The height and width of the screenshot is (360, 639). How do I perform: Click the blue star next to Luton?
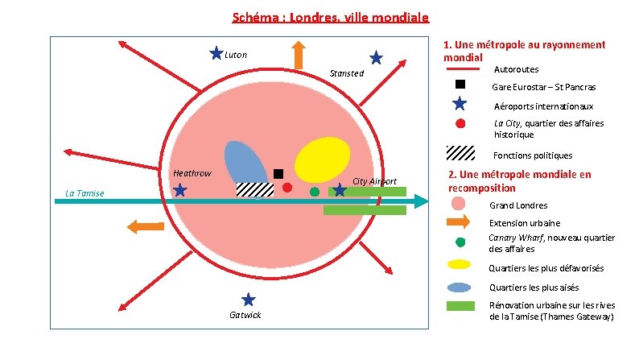(x=216, y=53)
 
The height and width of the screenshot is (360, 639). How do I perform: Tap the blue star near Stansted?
(x=376, y=58)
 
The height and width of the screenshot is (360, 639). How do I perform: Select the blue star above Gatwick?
(x=248, y=300)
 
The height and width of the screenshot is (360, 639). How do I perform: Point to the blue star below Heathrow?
(x=180, y=190)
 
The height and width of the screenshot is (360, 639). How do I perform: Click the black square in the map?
(x=278, y=174)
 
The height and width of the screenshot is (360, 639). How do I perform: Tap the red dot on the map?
(x=287, y=188)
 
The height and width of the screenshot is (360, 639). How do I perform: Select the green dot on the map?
(x=315, y=192)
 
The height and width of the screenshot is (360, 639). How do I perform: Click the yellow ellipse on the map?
(x=323, y=159)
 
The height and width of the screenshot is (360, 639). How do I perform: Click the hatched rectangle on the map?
(x=255, y=189)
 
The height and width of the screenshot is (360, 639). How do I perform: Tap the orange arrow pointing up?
(x=299, y=55)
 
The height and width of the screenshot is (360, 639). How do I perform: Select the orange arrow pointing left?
(x=146, y=226)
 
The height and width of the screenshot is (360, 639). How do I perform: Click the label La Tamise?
(x=85, y=193)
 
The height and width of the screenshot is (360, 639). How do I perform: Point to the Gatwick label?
(x=245, y=315)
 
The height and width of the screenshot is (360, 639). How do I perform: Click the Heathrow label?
(x=192, y=173)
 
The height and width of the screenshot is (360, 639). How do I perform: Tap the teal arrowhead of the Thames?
(x=422, y=201)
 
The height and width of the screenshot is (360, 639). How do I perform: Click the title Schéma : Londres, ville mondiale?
(x=331, y=18)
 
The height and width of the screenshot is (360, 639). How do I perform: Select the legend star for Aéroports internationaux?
(x=460, y=104)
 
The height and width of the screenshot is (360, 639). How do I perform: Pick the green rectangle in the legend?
(x=460, y=306)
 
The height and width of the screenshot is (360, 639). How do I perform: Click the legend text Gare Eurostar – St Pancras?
(x=544, y=87)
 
